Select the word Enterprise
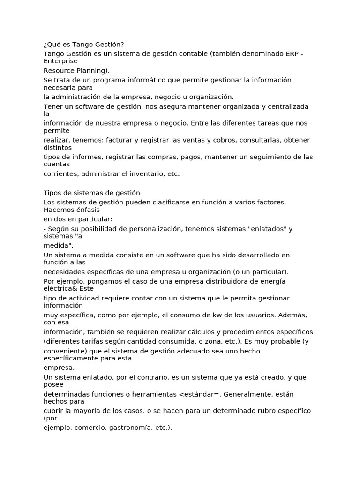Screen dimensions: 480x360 [x=60, y=61]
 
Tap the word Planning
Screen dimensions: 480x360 [x=93, y=70]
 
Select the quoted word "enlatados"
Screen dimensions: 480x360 [x=264, y=229]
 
